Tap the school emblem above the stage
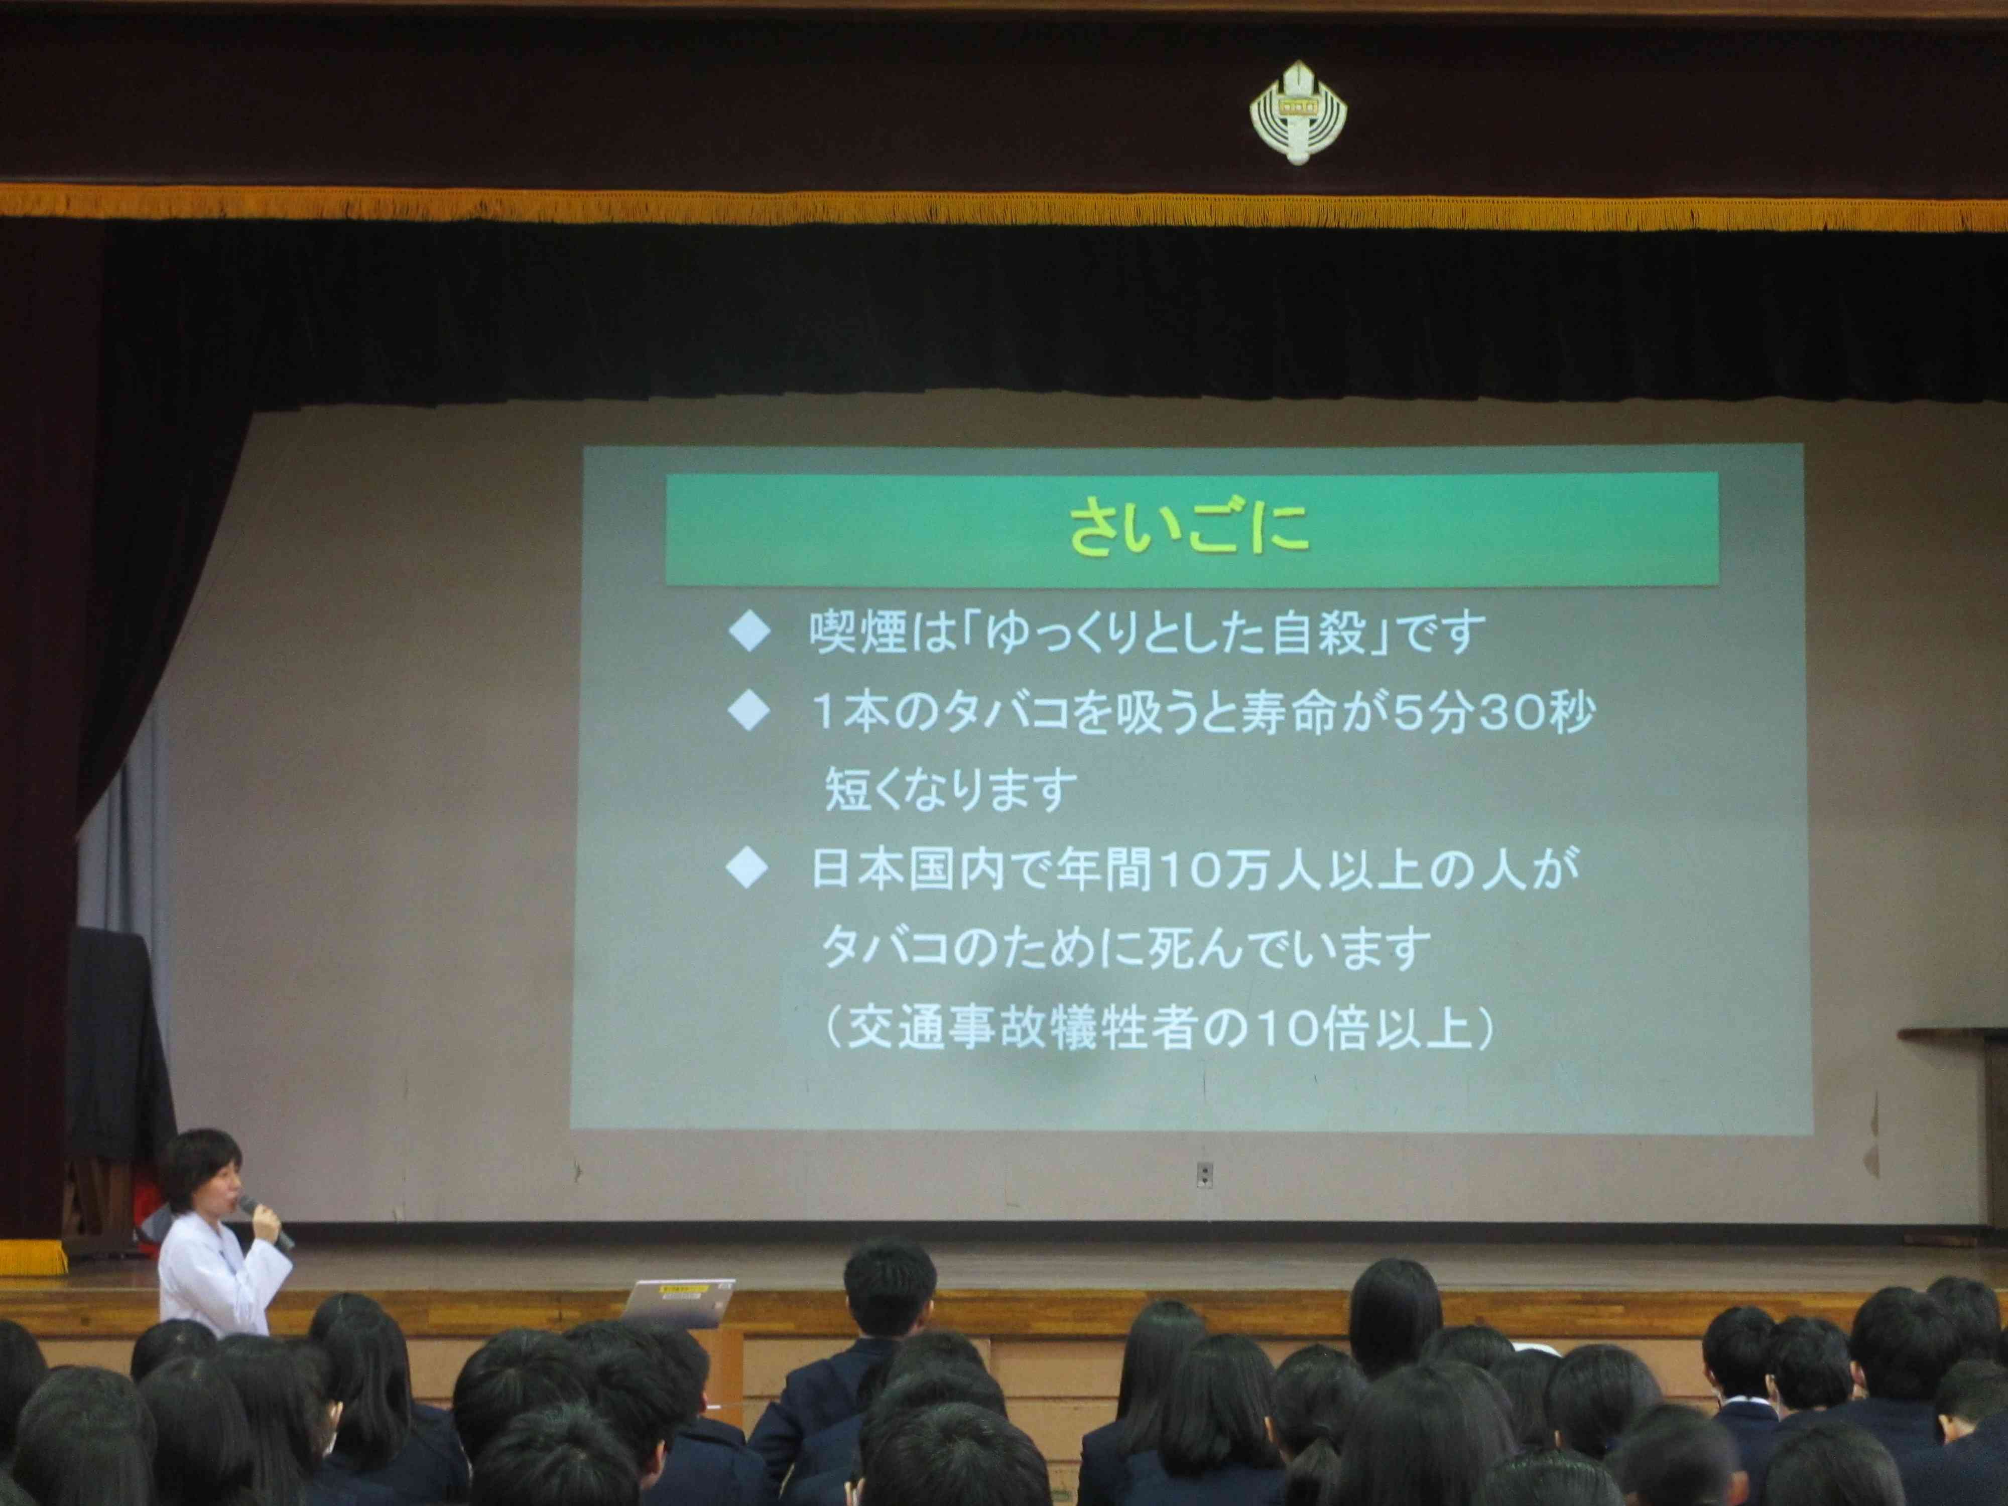click(x=1298, y=112)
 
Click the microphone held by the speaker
click(x=266, y=1222)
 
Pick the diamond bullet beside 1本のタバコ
click(x=750, y=712)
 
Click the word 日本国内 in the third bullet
click(x=907, y=869)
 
